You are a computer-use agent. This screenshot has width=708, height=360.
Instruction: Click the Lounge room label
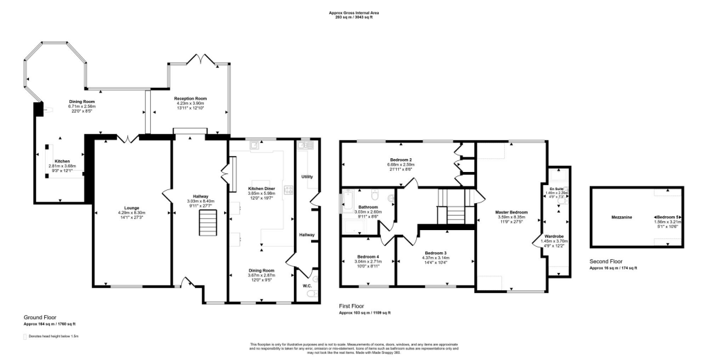pos(131,207)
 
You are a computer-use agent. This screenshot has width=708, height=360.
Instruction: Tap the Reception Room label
pos(190,98)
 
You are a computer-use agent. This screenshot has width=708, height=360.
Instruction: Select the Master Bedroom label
pos(512,212)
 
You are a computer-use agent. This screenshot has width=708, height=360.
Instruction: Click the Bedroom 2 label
pos(400,160)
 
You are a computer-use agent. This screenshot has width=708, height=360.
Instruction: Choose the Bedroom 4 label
pos(368,256)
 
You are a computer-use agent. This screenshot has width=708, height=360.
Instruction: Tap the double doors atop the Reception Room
pos(200,60)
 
